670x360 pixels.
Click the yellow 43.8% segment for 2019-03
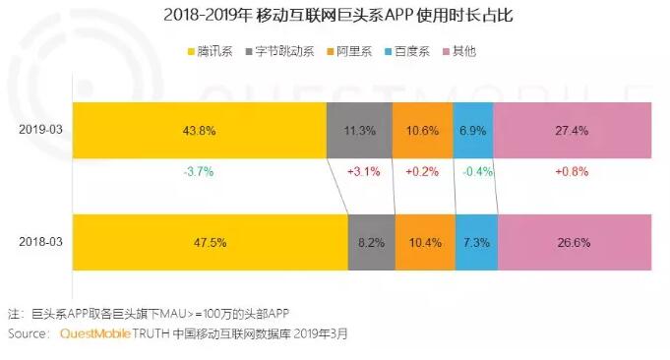[200, 130]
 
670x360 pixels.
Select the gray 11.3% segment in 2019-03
[359, 130]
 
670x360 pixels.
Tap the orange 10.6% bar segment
[423, 130]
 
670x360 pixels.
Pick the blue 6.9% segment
[473, 130]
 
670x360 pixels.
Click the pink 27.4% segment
[573, 130]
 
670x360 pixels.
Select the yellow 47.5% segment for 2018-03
[211, 243]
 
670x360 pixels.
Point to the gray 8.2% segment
[372, 243]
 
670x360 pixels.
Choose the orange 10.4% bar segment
[425, 243]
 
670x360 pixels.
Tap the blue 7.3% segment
[476, 243]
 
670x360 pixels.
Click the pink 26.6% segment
[575, 243]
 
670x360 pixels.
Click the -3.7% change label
[199, 172]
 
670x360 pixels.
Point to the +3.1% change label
[364, 172]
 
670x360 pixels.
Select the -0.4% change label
[478, 172]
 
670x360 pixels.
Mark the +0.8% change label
[572, 172]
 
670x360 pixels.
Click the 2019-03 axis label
[40, 130]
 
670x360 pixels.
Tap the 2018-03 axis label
[40, 242]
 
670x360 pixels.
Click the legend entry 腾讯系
[211, 52]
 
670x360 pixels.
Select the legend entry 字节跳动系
[279, 52]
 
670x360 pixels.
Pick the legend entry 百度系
[407, 52]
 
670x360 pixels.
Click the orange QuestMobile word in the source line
[95, 333]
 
